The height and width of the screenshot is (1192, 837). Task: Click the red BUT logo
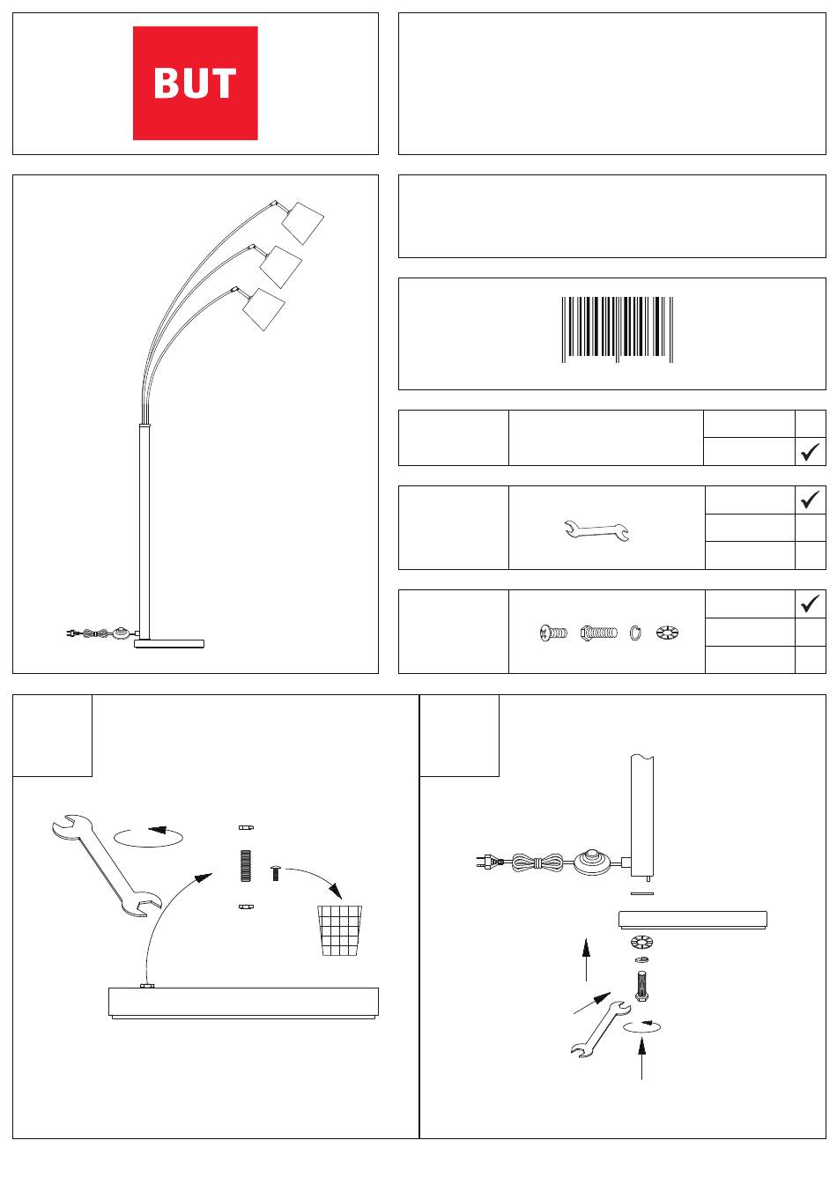(195, 83)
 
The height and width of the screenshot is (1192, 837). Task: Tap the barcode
(618, 329)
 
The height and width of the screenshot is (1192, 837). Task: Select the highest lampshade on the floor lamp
(302, 223)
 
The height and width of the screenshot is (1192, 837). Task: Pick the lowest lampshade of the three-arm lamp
(264, 309)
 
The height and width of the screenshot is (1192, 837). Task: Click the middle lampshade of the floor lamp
(281, 267)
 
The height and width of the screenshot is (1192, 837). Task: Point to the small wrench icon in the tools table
(596, 530)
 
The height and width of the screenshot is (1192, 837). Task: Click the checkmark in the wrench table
(810, 500)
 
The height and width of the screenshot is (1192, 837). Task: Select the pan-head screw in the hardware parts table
(553, 633)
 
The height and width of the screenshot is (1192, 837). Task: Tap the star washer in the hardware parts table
(667, 633)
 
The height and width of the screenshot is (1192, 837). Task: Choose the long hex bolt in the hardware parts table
(599, 633)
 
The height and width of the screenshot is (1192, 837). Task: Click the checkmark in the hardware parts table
(810, 603)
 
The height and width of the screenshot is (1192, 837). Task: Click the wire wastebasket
(339, 930)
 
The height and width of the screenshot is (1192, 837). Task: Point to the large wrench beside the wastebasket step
(107, 865)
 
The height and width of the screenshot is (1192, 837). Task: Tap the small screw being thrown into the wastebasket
(275, 873)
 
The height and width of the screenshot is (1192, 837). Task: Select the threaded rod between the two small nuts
(245, 866)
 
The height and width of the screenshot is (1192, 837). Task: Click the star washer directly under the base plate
(641, 943)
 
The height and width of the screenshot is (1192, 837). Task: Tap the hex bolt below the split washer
(641, 986)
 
